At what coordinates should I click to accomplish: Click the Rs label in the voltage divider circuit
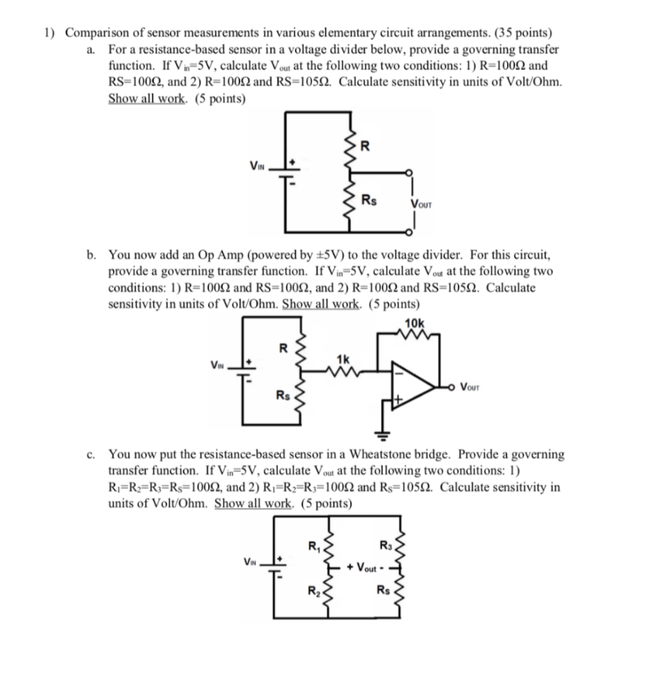coord(368,200)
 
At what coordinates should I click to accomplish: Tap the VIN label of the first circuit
coord(257,166)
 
